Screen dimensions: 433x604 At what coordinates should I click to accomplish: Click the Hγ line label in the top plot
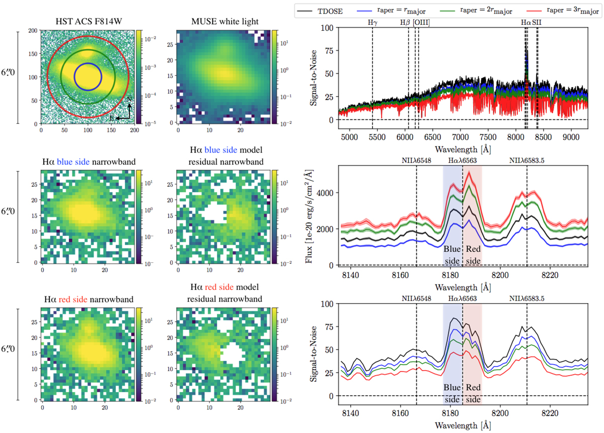372,23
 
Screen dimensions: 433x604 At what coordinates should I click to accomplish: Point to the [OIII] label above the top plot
421,23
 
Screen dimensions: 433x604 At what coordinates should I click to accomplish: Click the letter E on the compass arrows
118,118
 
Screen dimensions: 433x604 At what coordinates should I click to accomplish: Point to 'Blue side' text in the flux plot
452,255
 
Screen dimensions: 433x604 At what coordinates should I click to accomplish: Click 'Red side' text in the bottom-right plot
473,393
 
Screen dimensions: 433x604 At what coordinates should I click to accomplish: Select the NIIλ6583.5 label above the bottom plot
526,298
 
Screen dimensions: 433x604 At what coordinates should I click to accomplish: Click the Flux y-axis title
311,212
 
